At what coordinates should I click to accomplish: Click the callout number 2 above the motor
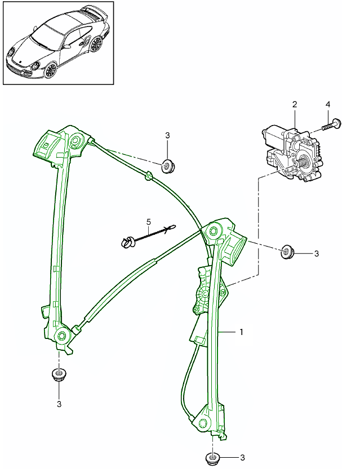294,104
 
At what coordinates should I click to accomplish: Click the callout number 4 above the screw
328,105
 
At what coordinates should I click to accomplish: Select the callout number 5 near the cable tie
148,221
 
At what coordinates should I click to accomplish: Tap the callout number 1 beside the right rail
241,332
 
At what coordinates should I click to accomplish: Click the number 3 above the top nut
167,135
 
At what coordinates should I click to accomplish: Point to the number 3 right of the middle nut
316,254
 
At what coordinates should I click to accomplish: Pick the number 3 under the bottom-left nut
59,403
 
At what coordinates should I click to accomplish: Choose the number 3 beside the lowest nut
242,458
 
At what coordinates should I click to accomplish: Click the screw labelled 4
332,125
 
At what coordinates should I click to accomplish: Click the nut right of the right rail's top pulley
287,251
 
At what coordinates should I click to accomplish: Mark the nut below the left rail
57,374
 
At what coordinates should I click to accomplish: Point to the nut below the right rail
212,457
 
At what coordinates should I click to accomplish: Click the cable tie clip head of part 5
127,243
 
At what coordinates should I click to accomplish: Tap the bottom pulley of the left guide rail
61,336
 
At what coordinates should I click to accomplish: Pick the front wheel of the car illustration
51,70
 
